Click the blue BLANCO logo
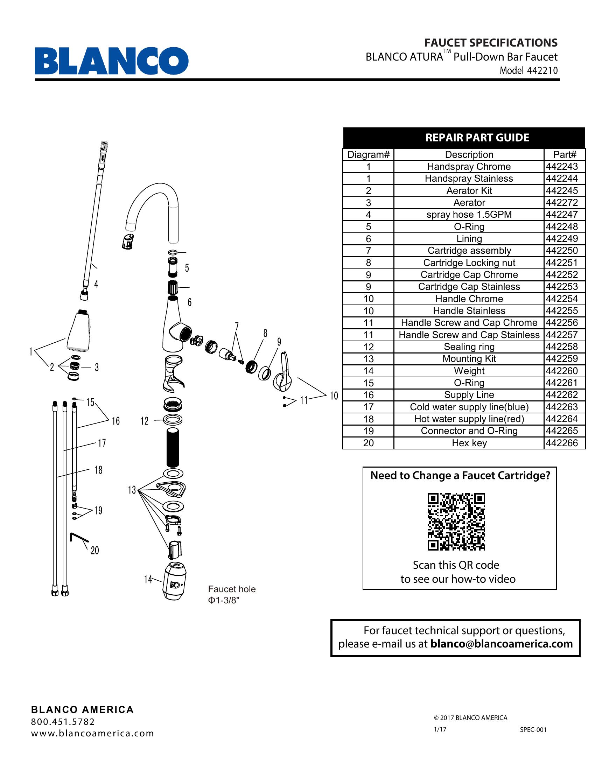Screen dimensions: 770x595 point(111,61)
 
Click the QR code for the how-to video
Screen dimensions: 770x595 point(456,522)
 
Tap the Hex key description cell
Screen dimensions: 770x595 point(469,443)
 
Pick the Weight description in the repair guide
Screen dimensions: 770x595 point(469,371)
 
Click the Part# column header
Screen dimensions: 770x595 point(564,155)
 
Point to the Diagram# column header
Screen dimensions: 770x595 point(368,155)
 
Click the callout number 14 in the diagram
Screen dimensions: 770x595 point(148,579)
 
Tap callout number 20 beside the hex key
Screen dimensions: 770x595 point(95,550)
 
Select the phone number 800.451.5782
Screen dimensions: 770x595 point(63,722)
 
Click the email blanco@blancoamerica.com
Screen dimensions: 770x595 point(501,644)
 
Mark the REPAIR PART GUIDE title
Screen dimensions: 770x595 point(477,138)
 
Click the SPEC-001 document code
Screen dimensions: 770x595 point(533,730)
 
